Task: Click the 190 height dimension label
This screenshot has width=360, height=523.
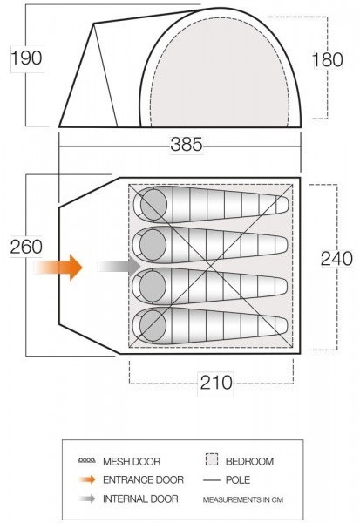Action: click(26, 59)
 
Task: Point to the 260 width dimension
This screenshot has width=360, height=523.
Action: click(26, 247)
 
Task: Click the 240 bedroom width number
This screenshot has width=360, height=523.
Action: click(336, 258)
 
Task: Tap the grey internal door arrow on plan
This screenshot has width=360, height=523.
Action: click(119, 266)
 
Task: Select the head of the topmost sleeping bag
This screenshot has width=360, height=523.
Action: click(153, 206)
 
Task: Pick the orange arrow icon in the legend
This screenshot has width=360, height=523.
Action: click(85, 479)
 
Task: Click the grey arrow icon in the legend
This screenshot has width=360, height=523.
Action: click(85, 499)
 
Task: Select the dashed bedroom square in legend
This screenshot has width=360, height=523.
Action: click(210, 460)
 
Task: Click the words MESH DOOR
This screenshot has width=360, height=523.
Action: click(132, 461)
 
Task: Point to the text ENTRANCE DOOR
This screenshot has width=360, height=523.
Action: click(143, 479)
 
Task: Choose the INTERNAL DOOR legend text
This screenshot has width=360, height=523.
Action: click(140, 499)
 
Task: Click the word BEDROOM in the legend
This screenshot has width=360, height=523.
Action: click(249, 461)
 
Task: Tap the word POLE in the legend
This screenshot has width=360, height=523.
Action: click(239, 479)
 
